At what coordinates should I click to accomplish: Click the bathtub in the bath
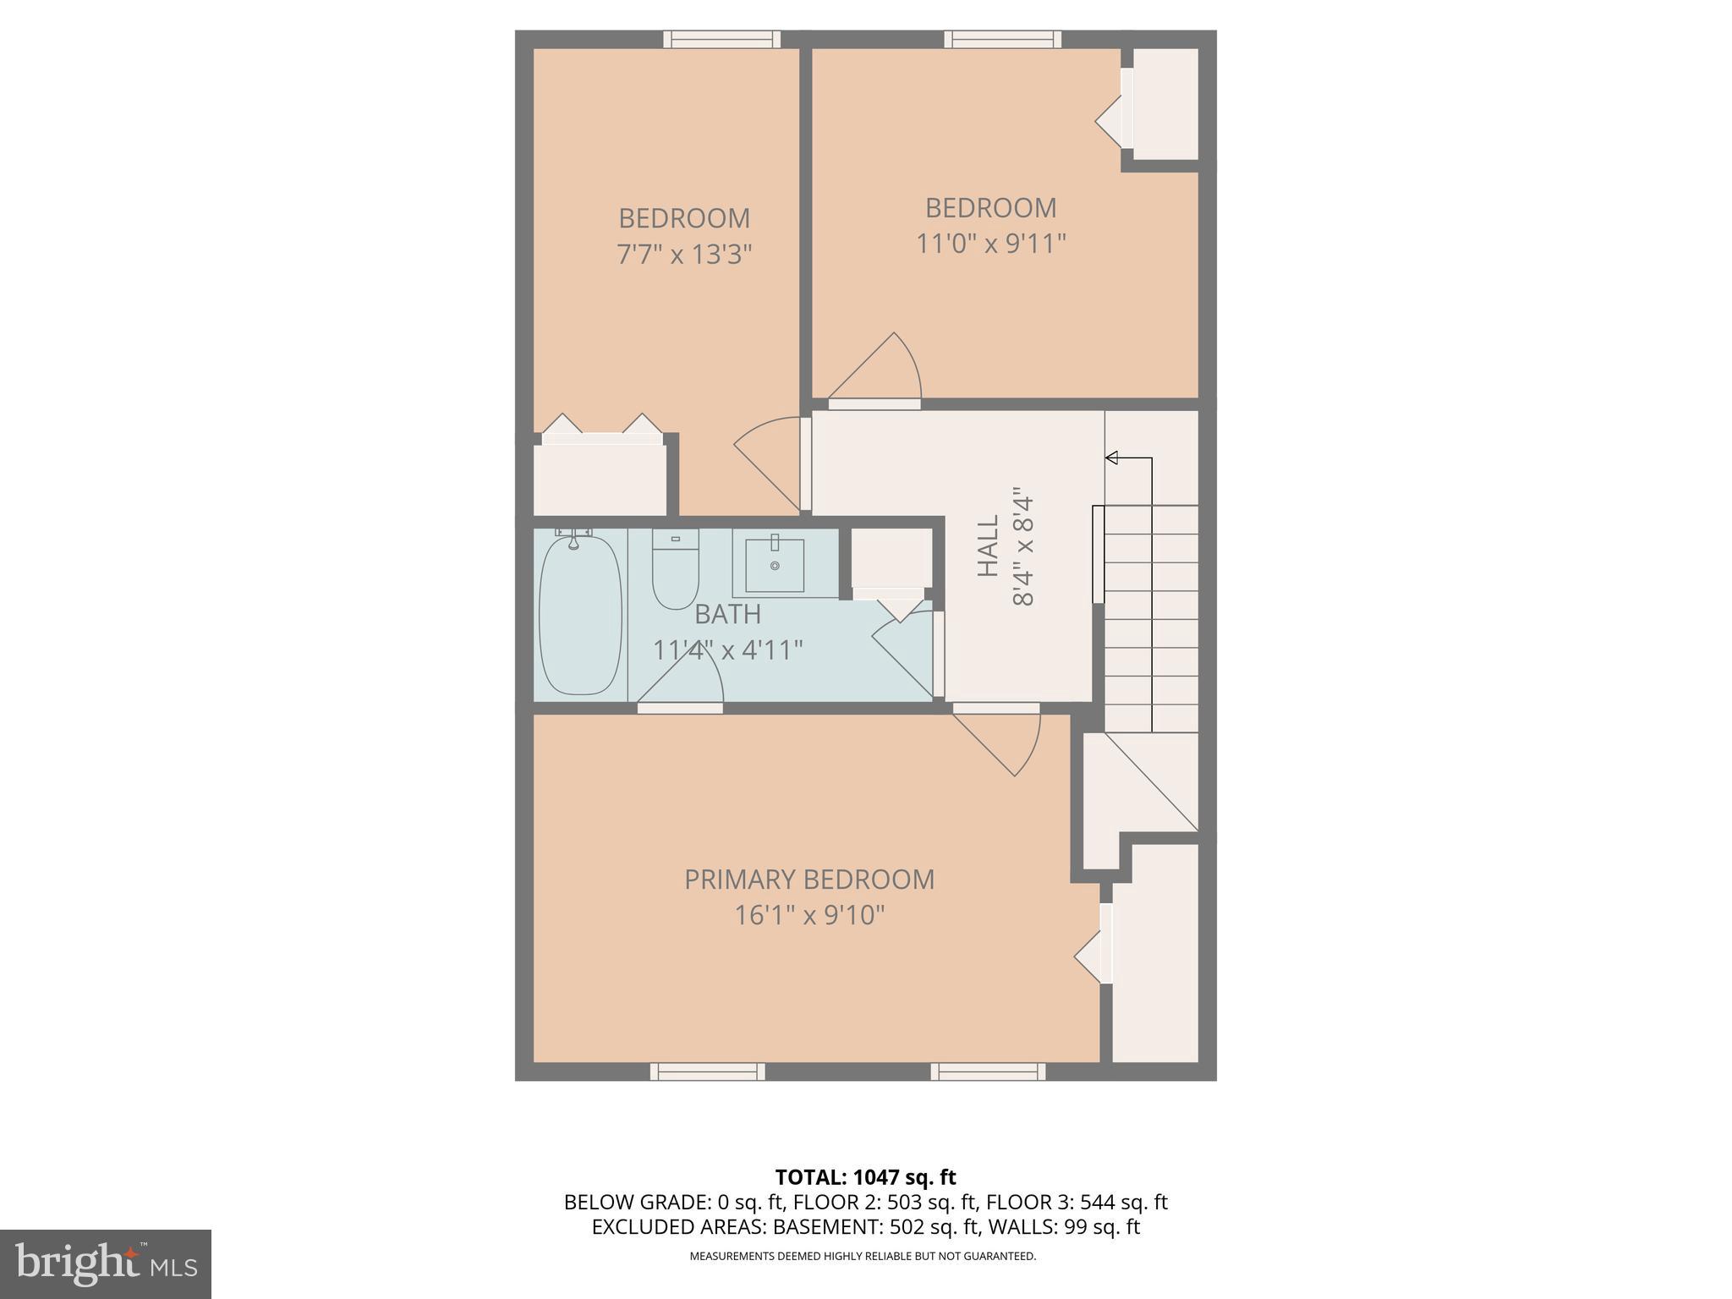[580, 616]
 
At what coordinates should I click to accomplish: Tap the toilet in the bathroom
[675, 570]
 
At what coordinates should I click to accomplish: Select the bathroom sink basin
[774, 565]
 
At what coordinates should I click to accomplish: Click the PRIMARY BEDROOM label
[809, 880]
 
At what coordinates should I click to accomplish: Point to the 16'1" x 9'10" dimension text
[809, 915]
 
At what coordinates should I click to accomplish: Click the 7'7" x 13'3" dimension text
[684, 254]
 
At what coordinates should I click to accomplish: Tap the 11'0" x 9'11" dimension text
[991, 244]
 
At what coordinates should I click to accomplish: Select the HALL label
[988, 546]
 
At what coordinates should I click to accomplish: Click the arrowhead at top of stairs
[1112, 458]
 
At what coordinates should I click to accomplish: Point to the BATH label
[727, 614]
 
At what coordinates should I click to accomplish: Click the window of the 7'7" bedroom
[721, 39]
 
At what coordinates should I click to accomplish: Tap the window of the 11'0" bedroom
[1003, 39]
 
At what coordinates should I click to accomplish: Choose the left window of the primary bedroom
[707, 1072]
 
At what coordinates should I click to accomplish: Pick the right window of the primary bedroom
[988, 1072]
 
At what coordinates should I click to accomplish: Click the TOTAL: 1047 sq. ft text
[865, 1177]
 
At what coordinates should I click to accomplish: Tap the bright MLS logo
[105, 1263]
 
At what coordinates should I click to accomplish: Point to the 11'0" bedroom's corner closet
[1165, 103]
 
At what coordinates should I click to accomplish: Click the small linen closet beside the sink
[891, 558]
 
